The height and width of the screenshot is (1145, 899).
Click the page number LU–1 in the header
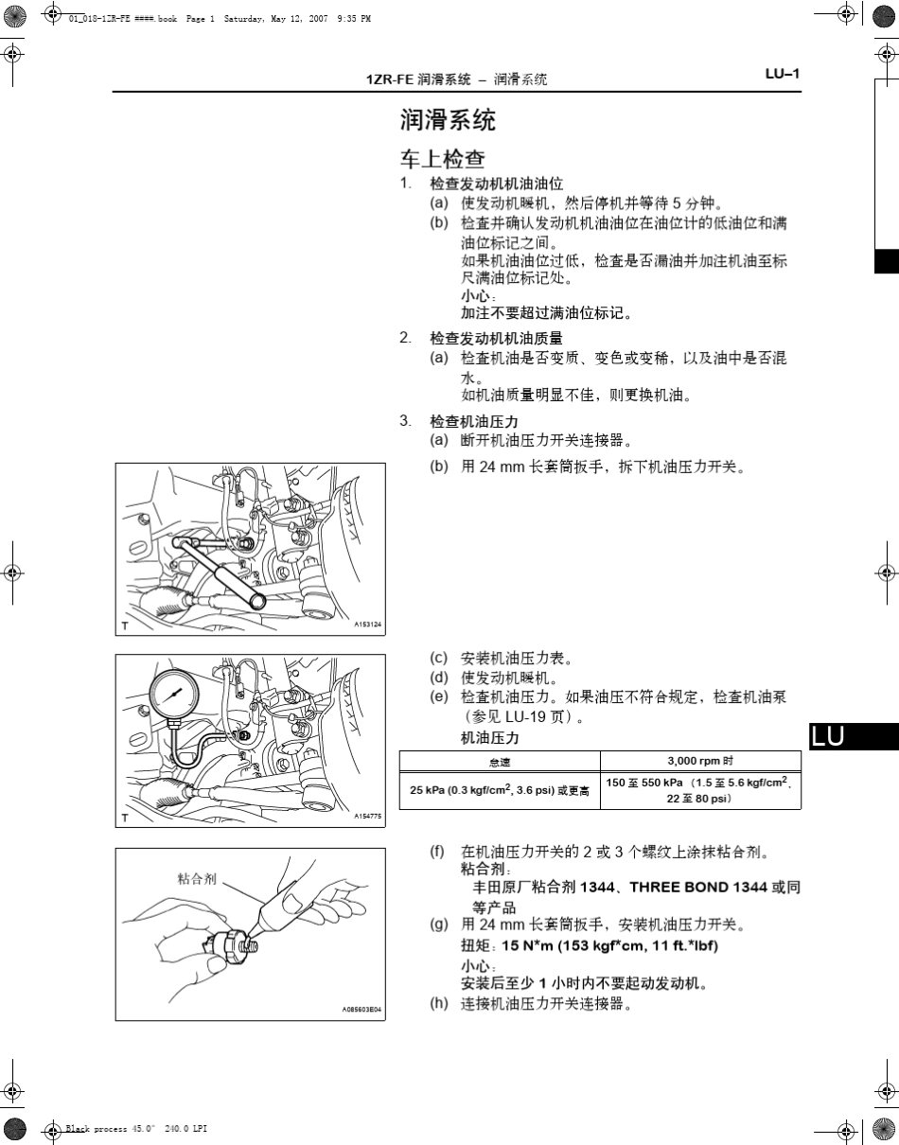[783, 74]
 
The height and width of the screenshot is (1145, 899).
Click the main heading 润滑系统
[448, 121]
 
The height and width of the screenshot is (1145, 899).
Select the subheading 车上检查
[443, 158]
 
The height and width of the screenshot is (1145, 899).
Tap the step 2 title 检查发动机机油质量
[496, 338]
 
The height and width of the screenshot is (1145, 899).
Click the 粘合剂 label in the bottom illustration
[197, 878]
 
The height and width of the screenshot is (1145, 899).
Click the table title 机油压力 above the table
[490, 737]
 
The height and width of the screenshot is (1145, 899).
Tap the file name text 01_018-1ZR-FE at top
[99, 18]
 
